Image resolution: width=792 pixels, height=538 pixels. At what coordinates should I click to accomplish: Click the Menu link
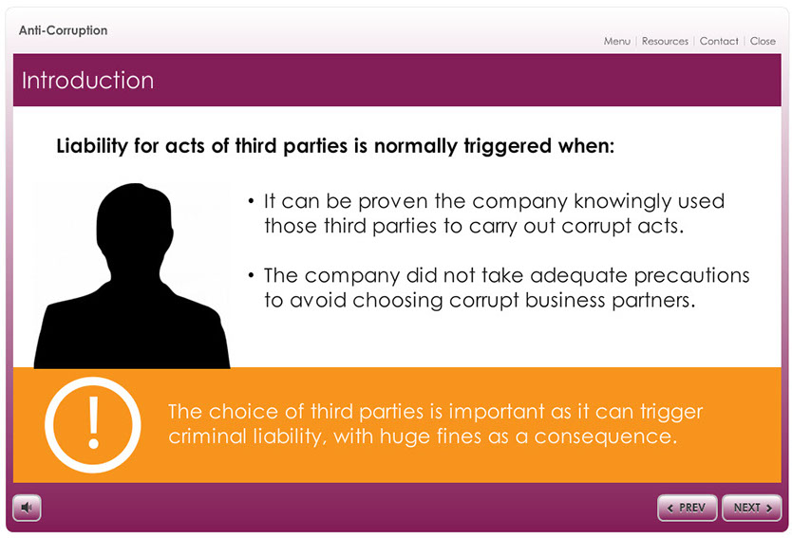click(616, 42)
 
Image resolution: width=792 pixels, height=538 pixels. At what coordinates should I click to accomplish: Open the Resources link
click(665, 42)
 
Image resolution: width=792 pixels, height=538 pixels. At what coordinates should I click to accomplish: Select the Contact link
click(719, 42)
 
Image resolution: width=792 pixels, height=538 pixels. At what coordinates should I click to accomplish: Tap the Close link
click(763, 42)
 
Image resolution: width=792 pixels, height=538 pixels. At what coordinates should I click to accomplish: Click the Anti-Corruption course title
click(63, 30)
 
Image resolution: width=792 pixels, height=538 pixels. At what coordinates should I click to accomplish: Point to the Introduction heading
click(88, 81)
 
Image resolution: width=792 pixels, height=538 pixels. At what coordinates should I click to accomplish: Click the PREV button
click(687, 508)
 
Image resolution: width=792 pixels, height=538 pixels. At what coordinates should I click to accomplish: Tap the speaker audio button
click(27, 508)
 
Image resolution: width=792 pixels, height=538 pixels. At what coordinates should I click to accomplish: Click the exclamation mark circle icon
click(93, 424)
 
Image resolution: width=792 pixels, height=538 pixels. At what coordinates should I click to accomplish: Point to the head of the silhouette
click(134, 222)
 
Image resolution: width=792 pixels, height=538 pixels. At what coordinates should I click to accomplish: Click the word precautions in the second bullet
click(691, 276)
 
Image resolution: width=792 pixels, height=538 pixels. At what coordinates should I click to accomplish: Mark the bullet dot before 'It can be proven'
click(251, 202)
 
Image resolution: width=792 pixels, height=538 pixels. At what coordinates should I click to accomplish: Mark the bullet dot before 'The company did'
click(251, 275)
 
